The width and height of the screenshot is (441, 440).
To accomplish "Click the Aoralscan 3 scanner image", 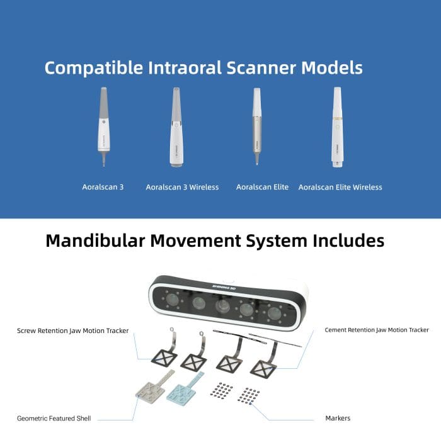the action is (104, 127).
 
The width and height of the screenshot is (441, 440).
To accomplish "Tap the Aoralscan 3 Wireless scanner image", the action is (176, 127).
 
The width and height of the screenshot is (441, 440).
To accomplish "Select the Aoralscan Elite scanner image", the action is (257, 126).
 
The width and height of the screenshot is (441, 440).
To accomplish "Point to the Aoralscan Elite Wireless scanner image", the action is (338, 127).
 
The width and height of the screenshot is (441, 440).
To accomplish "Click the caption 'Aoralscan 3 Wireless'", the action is (182, 187).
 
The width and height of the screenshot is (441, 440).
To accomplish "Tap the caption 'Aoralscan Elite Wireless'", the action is (340, 187).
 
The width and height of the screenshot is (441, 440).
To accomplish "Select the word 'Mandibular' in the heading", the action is (95, 241).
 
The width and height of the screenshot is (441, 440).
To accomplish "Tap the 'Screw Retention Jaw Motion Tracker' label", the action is (73, 330).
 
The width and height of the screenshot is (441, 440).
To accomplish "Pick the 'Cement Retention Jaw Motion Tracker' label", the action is (377, 330).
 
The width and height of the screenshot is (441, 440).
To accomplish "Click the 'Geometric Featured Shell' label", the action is (54, 419).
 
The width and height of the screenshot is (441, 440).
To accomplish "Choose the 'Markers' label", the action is (338, 419).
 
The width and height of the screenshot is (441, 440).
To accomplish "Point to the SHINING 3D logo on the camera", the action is (224, 288).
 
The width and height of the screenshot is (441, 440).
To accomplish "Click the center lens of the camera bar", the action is (222, 306).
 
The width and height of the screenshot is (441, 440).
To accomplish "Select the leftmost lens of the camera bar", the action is (172, 300).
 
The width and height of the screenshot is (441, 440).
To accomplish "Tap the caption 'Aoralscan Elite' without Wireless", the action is (263, 187).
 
